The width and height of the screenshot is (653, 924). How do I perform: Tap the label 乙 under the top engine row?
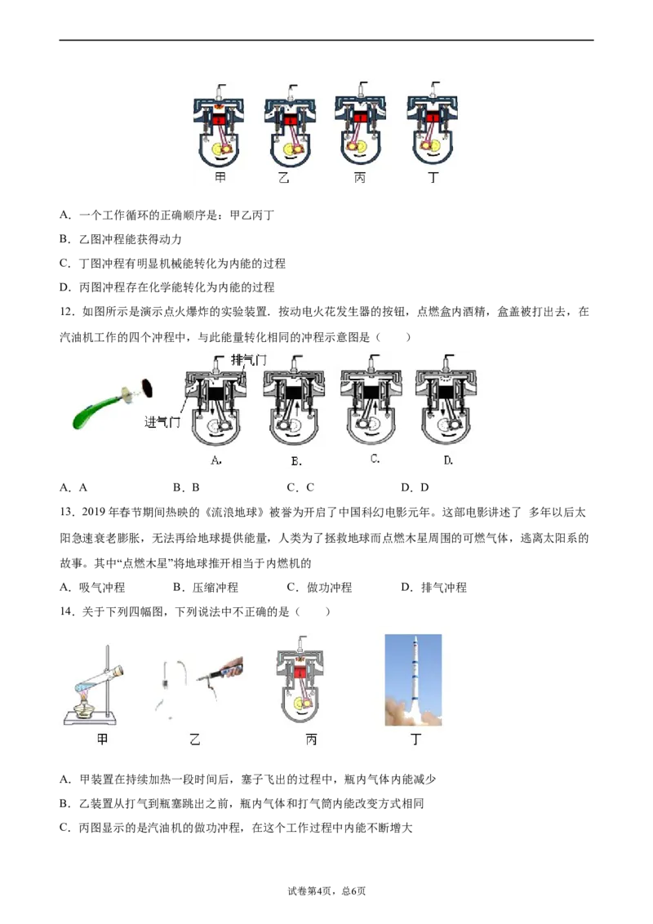[x=284, y=177]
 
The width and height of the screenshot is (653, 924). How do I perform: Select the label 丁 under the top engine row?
[x=433, y=177]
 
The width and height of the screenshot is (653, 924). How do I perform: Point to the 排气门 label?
[x=249, y=360]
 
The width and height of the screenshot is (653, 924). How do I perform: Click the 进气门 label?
[x=162, y=422]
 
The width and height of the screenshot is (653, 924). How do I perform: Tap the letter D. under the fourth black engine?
[x=448, y=460]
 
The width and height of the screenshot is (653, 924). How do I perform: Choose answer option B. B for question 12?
[x=186, y=487]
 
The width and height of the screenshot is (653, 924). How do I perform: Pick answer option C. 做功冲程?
[x=319, y=588]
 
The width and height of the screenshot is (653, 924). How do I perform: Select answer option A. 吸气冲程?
[x=92, y=588]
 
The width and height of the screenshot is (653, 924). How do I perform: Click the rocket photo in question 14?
[x=413, y=680]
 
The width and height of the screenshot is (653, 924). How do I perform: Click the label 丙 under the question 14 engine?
[x=311, y=739]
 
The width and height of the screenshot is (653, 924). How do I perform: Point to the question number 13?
[x=67, y=512]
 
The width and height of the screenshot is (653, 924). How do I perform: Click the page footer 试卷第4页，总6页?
[x=326, y=891]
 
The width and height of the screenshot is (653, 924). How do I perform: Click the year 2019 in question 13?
[x=93, y=512]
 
